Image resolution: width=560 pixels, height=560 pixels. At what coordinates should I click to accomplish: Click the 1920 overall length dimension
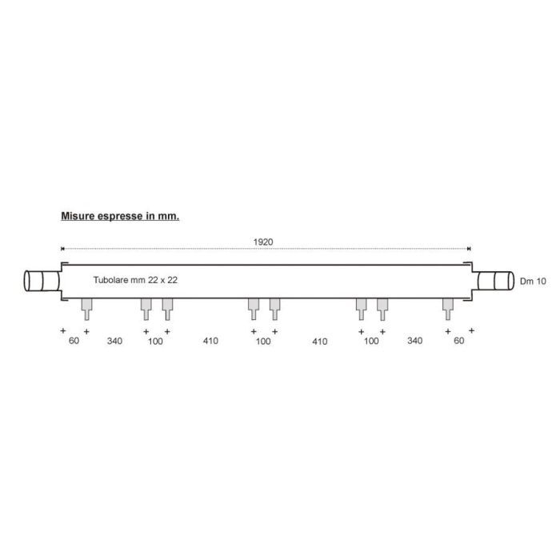[263, 242]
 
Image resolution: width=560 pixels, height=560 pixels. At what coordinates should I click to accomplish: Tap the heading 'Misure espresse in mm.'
[120, 216]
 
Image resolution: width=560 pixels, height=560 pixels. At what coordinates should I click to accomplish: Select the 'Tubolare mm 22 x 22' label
[135, 280]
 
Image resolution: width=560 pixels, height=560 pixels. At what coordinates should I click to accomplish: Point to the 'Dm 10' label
[533, 282]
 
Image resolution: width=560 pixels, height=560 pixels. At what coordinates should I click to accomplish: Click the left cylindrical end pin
[42, 281]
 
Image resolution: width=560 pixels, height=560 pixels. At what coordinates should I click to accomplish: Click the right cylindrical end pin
[495, 281]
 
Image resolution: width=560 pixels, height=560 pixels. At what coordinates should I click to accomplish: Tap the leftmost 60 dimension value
[74, 341]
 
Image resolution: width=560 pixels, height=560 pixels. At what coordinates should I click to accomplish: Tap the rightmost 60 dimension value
[459, 341]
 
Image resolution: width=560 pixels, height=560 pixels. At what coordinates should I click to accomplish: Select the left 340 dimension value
[114, 341]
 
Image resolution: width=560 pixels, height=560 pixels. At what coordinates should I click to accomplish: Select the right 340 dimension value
[414, 341]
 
